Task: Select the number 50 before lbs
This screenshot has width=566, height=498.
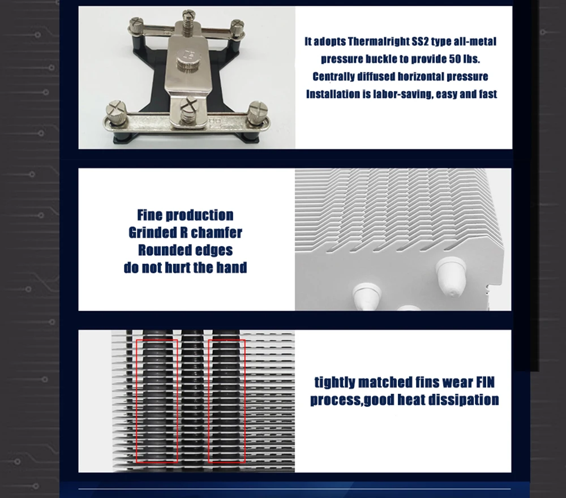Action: point(455,59)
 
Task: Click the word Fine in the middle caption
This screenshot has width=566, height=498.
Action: point(149,215)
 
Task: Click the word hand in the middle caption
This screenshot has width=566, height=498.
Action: point(231,268)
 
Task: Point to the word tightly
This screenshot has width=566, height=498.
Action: point(335,383)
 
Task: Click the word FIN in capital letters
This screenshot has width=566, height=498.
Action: point(485,382)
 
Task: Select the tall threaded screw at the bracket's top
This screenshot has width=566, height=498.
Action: point(188,23)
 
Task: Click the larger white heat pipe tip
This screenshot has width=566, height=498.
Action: point(449,276)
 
